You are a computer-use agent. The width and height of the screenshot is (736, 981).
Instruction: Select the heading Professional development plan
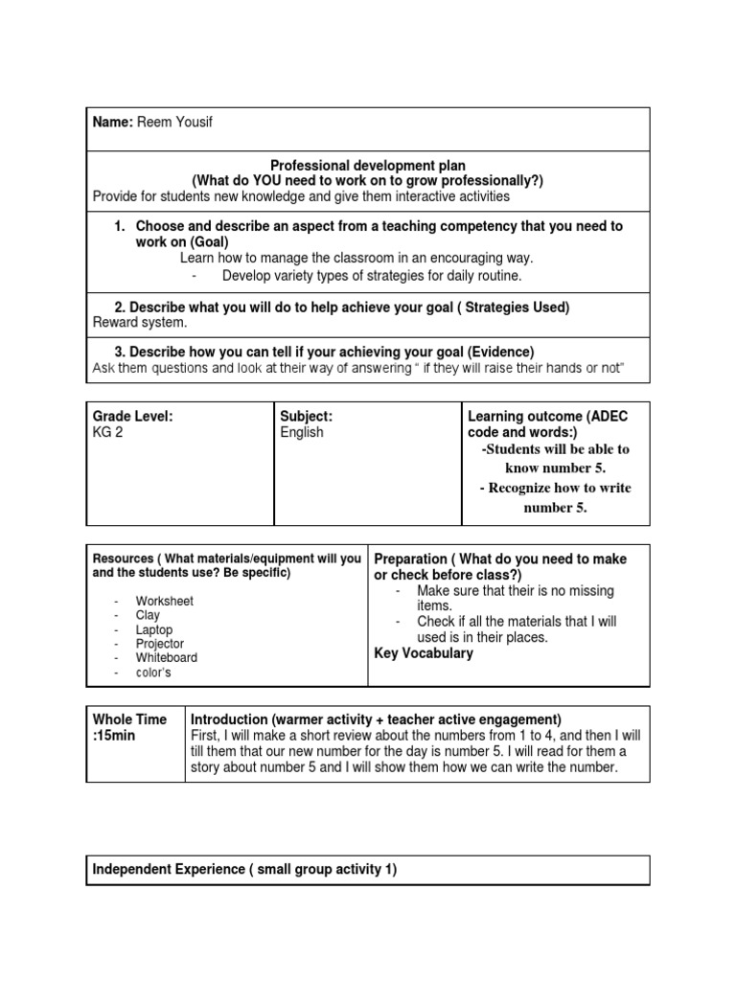[x=367, y=166]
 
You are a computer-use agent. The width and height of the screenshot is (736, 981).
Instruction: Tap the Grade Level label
[x=132, y=417]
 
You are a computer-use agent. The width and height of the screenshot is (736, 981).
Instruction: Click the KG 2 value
[x=109, y=433]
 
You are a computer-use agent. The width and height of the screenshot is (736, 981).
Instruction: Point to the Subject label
[x=306, y=417]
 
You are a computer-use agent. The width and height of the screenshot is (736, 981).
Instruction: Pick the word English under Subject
[x=302, y=433]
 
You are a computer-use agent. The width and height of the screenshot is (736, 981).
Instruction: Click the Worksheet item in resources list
[x=164, y=601]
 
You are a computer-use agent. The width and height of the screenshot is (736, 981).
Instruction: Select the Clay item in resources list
[x=149, y=615]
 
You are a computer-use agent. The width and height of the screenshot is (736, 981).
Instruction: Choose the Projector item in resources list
[x=160, y=644]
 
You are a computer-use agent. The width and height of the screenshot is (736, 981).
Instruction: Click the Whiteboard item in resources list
[x=167, y=658]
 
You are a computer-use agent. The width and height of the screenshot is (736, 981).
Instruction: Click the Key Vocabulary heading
[x=423, y=653]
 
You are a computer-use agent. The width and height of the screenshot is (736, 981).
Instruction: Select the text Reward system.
[x=137, y=324]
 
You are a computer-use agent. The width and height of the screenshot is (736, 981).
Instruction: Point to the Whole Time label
[x=129, y=719]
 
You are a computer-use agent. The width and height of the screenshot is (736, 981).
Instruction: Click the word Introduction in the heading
[x=230, y=719]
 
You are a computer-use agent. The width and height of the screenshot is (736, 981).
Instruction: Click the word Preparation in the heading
[x=410, y=559]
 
